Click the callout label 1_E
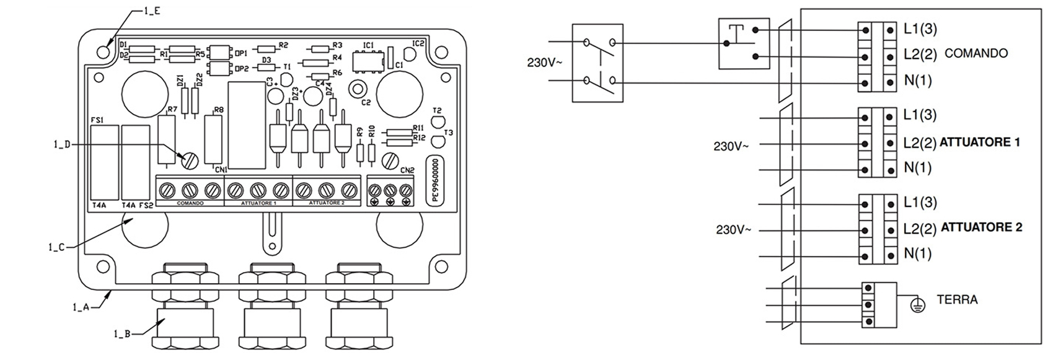(x=152, y=11)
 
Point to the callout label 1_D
(x=61, y=144)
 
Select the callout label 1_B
(x=123, y=334)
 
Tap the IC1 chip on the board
(x=366, y=61)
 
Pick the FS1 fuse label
(x=97, y=119)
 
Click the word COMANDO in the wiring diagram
(x=976, y=54)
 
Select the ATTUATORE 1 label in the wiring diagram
(x=979, y=143)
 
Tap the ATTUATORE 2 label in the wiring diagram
(x=980, y=227)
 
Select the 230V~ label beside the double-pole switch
(x=545, y=63)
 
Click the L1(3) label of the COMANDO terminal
(x=920, y=29)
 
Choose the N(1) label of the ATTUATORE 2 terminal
(x=917, y=253)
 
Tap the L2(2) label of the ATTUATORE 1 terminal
(x=920, y=143)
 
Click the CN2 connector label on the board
(x=407, y=170)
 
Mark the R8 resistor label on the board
(x=218, y=110)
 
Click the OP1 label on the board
(x=241, y=53)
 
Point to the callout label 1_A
(x=81, y=307)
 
